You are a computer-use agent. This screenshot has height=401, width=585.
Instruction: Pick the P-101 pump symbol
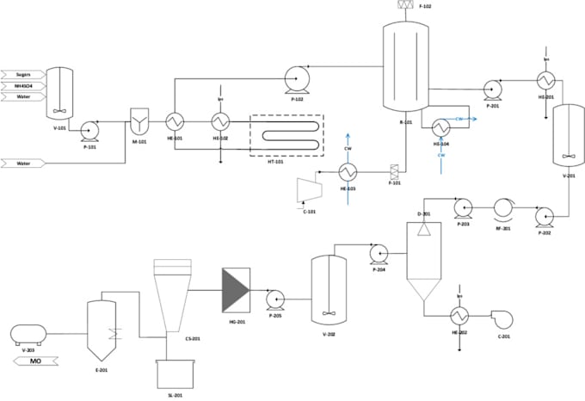[x=90, y=130]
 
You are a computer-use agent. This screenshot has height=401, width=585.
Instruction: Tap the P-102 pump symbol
[x=298, y=80]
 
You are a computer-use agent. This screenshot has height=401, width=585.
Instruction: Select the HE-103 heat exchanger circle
[x=348, y=170]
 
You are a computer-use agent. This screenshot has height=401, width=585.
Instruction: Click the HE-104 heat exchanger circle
[x=440, y=127]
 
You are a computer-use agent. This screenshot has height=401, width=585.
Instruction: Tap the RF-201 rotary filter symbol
[x=503, y=207]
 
